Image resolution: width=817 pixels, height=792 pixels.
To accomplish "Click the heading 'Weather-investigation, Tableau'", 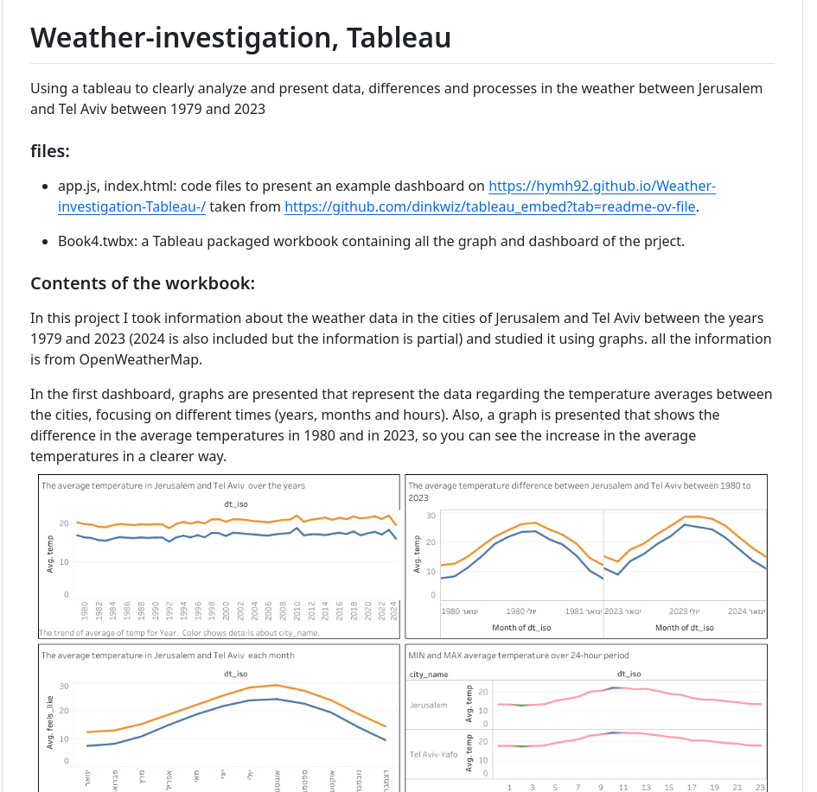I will pyautogui.click(x=240, y=38).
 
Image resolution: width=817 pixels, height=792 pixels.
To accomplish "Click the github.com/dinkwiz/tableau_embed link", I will pyautogui.click(x=489, y=206).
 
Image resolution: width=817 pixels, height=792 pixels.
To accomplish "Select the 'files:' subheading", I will pyautogui.click(x=50, y=151).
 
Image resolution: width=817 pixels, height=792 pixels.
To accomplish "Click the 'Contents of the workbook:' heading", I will pyautogui.click(x=143, y=284).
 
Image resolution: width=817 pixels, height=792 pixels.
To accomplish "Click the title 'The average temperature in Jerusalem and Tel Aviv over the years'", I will pyautogui.click(x=173, y=486).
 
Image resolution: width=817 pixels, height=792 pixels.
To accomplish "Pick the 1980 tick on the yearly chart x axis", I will pyautogui.click(x=85, y=611).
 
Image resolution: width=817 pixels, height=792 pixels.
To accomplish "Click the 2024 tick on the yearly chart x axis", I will pyautogui.click(x=394, y=611).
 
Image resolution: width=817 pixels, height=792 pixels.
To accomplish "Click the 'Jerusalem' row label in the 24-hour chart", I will pyautogui.click(x=429, y=706).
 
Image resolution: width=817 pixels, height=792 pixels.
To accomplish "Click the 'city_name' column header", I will pyautogui.click(x=428, y=674).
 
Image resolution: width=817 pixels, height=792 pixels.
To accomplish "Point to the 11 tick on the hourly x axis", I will pyautogui.click(x=623, y=787).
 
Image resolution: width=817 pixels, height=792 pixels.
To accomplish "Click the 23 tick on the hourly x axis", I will pyautogui.click(x=760, y=787).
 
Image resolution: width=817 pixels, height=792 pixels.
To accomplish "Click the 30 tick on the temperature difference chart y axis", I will pyautogui.click(x=431, y=516).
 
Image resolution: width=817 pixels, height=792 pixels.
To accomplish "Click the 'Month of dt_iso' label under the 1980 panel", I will pyautogui.click(x=521, y=628).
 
